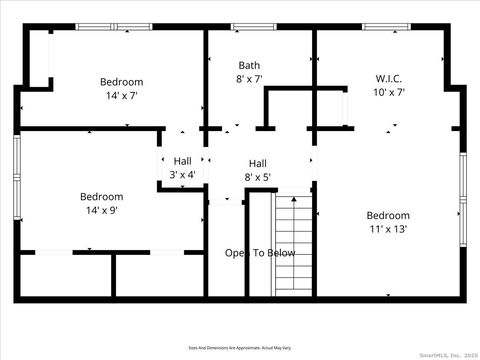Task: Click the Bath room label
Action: click(249, 65)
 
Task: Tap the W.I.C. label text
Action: click(388, 78)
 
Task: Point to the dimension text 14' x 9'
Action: click(102, 211)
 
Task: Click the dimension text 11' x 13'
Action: click(387, 229)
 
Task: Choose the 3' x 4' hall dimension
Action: click(182, 174)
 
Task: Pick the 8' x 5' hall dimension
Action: click(258, 177)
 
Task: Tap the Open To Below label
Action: click(259, 253)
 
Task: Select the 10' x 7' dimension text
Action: click(388, 92)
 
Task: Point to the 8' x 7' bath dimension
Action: click(249, 78)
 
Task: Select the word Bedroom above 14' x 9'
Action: click(102, 197)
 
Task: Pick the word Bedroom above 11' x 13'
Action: click(387, 215)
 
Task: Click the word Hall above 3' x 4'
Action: click(182, 160)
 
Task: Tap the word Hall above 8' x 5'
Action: click(258, 164)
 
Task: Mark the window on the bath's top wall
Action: click(246, 27)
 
